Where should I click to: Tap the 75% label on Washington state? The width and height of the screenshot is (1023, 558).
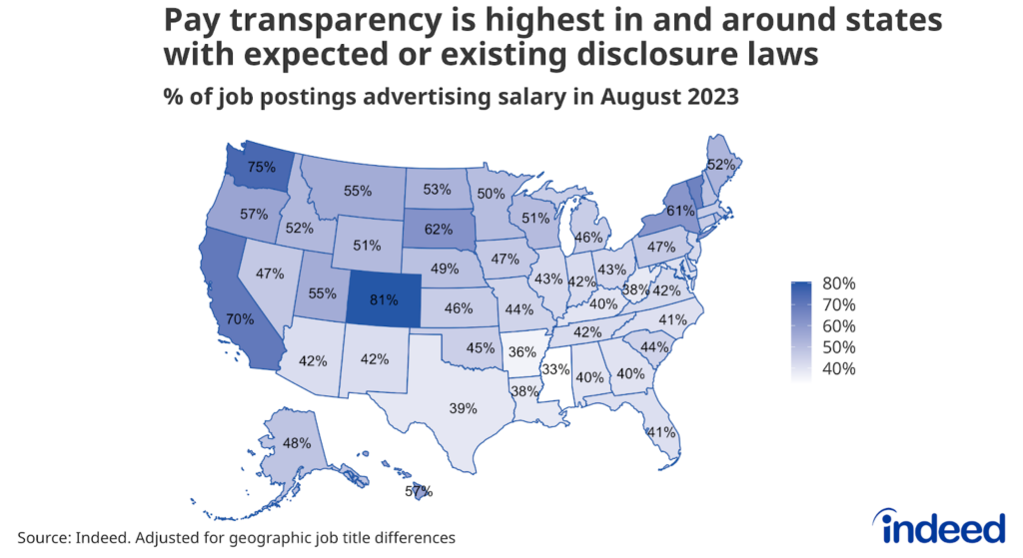262,168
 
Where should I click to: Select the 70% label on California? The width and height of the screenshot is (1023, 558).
240,319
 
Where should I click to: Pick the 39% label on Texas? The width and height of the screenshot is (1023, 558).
462,408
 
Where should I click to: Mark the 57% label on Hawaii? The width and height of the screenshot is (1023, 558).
419,491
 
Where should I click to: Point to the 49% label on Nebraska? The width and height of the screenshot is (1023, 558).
445,269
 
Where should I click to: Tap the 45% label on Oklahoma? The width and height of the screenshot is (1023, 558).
481,348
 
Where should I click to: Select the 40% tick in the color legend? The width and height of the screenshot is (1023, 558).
838,369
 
